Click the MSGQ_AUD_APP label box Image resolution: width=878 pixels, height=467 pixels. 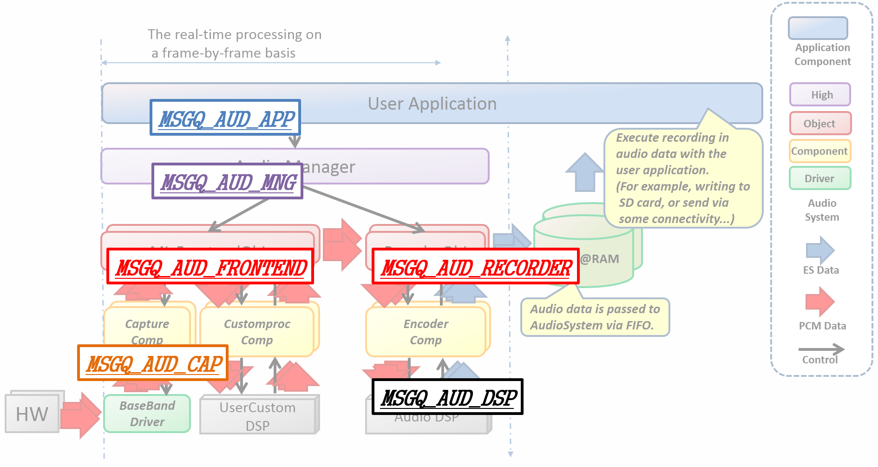225,118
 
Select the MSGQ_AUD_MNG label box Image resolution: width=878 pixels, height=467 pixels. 227,181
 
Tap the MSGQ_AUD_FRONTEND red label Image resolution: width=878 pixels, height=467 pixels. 210,267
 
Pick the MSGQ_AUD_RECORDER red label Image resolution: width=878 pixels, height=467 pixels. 476,267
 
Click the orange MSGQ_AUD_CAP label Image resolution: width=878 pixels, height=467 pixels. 153,363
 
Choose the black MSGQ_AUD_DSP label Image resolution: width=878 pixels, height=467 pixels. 447,397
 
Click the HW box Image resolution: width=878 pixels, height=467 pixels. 32,414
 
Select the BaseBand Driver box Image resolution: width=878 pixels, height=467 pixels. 147,414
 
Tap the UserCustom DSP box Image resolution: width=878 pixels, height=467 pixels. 257,415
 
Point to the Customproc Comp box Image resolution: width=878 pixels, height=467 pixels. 257,332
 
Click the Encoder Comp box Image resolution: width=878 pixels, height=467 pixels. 426,332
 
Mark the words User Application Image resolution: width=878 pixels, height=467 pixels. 432,104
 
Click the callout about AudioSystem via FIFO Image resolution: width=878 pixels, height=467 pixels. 595,317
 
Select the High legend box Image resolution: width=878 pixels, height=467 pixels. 820,95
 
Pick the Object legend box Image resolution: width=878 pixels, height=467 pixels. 820,124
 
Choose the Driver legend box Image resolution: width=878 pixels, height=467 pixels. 820,178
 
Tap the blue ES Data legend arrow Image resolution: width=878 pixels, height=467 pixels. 820,250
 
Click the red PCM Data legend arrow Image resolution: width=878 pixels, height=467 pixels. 820,302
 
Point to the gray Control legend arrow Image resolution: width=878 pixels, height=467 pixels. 821,349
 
